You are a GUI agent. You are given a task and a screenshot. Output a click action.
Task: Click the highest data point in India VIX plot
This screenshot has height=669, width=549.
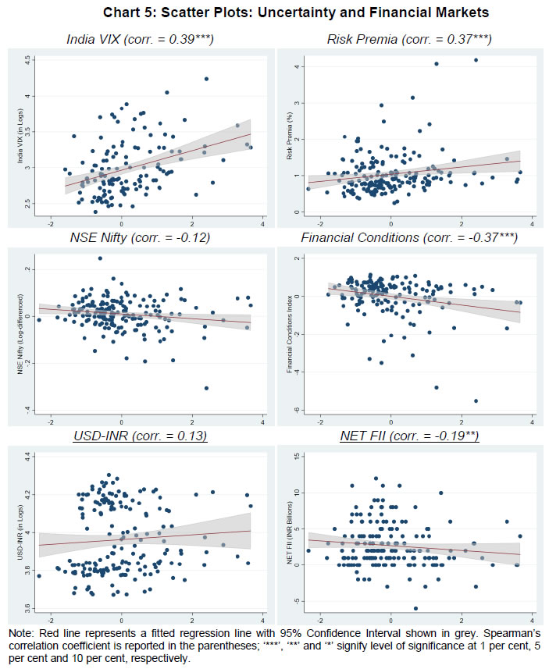pos(206,79)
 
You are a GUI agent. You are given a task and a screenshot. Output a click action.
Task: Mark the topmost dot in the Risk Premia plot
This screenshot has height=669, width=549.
pos(476,60)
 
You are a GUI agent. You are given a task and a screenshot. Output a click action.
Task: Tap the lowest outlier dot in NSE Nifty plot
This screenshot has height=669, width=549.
pos(206,387)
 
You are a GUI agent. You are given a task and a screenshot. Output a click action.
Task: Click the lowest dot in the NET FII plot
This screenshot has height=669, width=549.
pos(415,608)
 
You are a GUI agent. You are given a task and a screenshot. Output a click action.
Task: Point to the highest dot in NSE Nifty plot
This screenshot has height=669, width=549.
pos(100,258)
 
